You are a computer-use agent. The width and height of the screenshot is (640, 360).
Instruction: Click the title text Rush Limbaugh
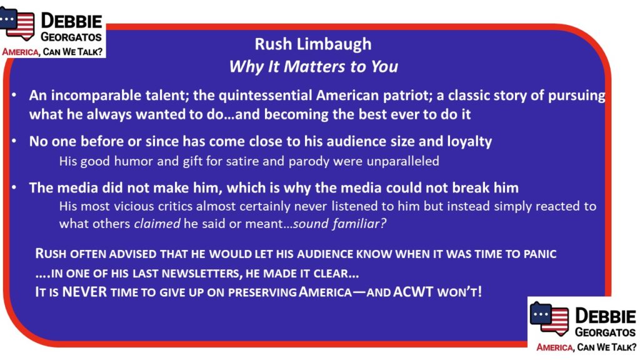tap(313, 44)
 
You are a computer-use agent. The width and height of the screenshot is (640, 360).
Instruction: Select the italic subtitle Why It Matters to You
tap(313, 66)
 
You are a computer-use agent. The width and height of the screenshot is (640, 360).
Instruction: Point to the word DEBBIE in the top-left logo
tap(71, 21)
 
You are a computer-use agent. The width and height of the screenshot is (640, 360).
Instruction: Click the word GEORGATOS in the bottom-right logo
tap(605, 332)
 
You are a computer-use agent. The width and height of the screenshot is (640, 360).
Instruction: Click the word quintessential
tap(265, 96)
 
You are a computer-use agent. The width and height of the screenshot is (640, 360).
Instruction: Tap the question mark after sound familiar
tap(382, 224)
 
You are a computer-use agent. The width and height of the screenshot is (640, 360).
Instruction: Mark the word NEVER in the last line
tap(84, 292)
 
